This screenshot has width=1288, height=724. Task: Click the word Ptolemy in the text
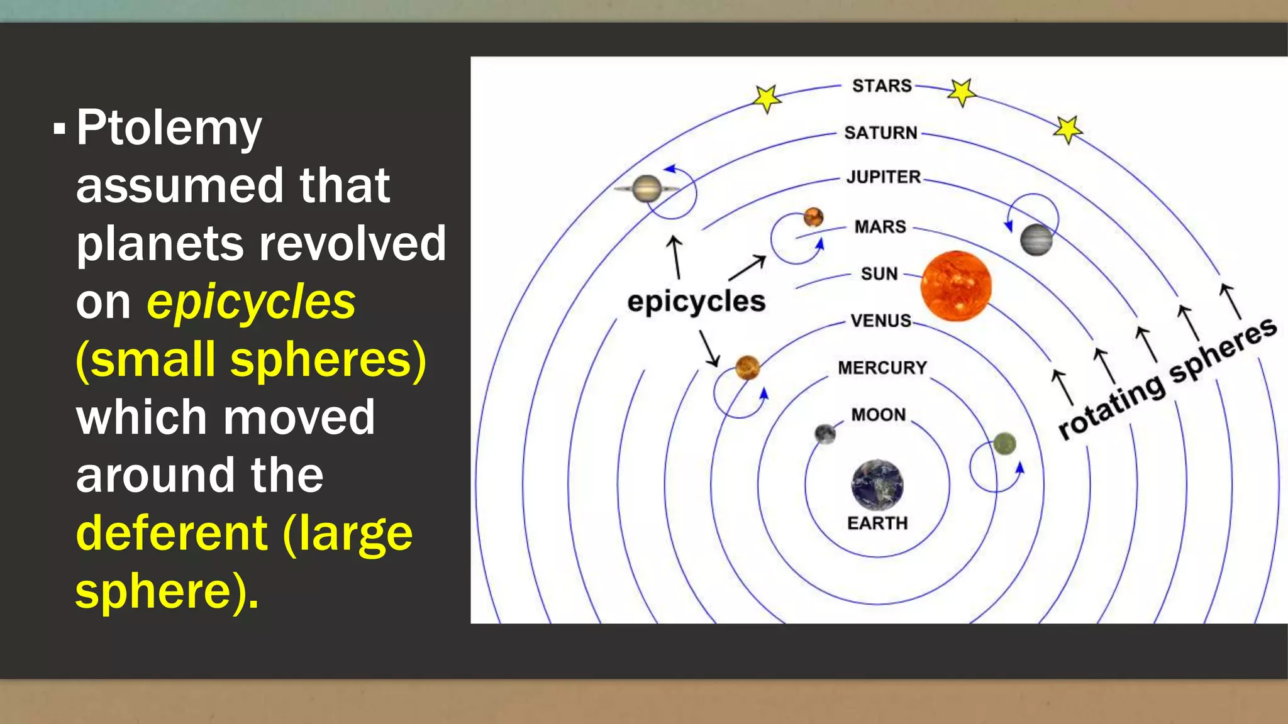coord(169,129)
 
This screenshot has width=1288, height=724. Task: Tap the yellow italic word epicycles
coord(251,302)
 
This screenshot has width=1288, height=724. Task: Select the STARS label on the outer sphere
coord(882,85)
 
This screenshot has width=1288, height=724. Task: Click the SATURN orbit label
coord(880,133)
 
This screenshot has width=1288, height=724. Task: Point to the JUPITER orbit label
coord(884,177)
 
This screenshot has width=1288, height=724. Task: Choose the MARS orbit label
coord(880,226)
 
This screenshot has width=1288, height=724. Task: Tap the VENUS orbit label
coord(880,321)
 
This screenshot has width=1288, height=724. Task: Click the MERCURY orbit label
coord(882,368)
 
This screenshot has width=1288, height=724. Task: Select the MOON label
coord(879,415)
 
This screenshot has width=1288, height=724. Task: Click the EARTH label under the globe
coord(877,523)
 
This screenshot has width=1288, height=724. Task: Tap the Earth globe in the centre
coord(877,485)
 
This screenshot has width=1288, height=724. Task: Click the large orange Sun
coord(955,286)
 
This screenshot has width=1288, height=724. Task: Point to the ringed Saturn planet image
coord(647,188)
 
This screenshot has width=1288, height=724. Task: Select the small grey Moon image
coord(824,433)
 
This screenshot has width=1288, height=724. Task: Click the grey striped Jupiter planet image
coord(1036,239)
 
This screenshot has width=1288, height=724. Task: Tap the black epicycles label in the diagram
coord(696,302)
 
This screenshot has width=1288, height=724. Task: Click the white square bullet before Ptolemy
coord(60,129)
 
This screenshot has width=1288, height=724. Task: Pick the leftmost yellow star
coord(767,98)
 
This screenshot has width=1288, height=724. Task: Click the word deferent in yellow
coord(171,533)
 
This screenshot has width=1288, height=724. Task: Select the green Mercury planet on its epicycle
coord(1004,444)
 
